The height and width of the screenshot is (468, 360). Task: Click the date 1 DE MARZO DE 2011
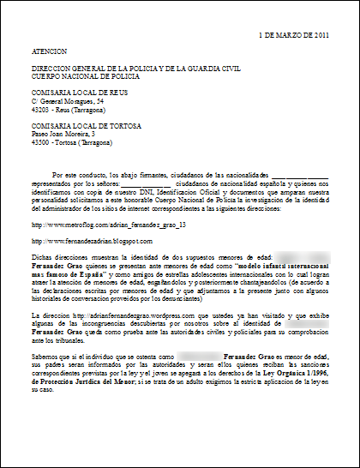(x=294, y=35)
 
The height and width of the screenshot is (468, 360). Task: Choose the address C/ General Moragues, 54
(x=67, y=100)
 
